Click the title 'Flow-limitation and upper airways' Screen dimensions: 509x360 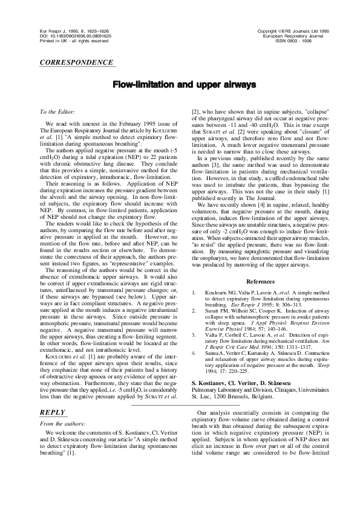tap(180, 85)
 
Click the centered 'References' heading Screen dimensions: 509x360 tap(261, 282)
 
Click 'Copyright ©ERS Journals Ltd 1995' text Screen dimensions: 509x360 tap(293, 30)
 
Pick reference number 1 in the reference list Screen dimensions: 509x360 tap(194, 292)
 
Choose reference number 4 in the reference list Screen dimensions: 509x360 tap(194, 345)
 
